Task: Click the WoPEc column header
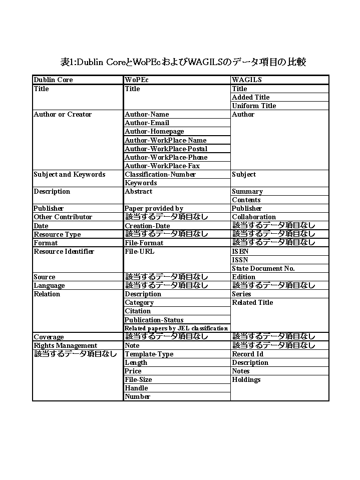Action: coord(137,80)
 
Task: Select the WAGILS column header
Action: coord(247,80)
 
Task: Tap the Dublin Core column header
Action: coord(53,80)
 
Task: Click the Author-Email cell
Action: coord(147,123)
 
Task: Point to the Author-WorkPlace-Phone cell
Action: coord(166,157)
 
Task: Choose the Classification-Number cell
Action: coord(160,174)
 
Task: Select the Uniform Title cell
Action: coord(254,106)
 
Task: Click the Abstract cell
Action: coord(139,191)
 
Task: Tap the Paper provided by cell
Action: coord(154,208)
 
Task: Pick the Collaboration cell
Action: coord(254,217)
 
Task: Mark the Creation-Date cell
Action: coord(147,226)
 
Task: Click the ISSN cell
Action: coord(240,260)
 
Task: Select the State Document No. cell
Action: coord(263,268)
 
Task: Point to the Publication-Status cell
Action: coord(154,320)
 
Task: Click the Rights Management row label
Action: coord(66,345)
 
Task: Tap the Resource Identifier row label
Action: coord(64,251)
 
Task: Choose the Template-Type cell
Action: coord(149,354)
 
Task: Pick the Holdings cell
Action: coord(246,379)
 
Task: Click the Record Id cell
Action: coord(247,354)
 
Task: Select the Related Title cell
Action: coord(252,302)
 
